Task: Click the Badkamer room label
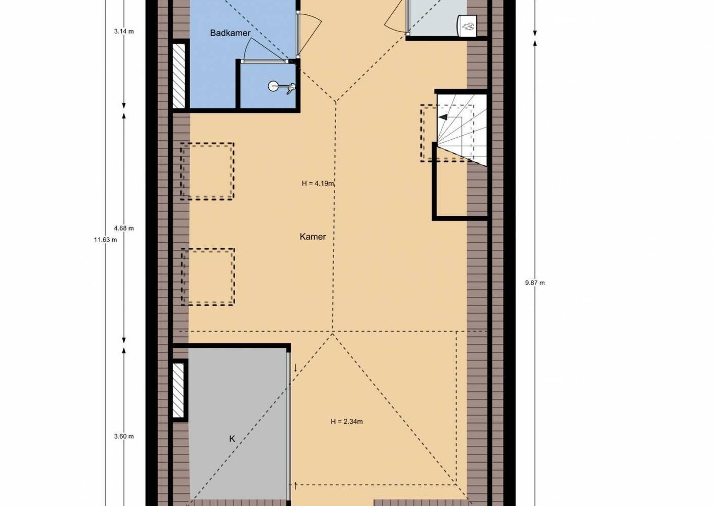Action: (x=230, y=33)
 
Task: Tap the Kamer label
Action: (x=313, y=237)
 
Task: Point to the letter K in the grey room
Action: (x=232, y=439)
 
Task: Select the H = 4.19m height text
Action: (x=318, y=183)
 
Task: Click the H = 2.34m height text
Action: (x=347, y=421)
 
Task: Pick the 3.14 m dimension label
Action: (x=124, y=31)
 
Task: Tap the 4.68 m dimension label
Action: (x=124, y=228)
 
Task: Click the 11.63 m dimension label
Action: (x=106, y=239)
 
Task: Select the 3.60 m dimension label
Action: (x=124, y=436)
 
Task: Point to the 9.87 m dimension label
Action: (x=535, y=283)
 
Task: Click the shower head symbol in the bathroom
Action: (x=282, y=87)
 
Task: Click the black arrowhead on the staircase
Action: (x=443, y=117)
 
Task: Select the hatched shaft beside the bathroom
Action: (x=179, y=76)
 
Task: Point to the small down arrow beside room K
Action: (x=295, y=368)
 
